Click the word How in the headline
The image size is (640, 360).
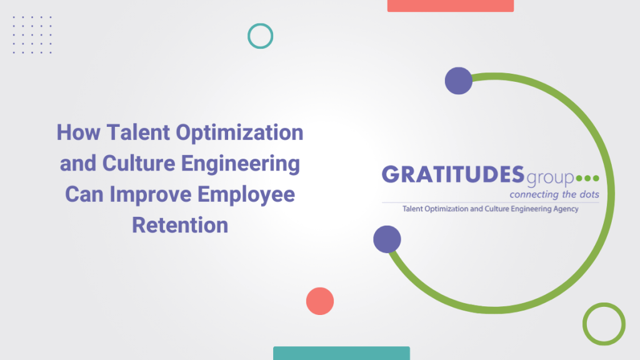click(x=78, y=132)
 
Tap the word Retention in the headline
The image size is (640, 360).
click(x=180, y=225)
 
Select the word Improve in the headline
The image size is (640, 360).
click(x=150, y=195)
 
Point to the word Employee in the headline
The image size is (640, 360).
click(x=246, y=195)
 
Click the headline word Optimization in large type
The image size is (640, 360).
click(x=239, y=133)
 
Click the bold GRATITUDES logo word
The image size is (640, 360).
click(x=453, y=175)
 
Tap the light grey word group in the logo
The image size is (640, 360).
click(x=550, y=178)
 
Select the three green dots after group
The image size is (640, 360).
click(x=587, y=178)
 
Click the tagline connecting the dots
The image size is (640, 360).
click(x=554, y=195)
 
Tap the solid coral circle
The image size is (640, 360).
click(x=320, y=301)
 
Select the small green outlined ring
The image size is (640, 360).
click(x=604, y=304)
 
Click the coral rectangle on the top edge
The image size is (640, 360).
click(x=451, y=6)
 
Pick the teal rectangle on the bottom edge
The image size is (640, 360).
click(x=342, y=354)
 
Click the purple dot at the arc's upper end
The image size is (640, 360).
click(x=459, y=81)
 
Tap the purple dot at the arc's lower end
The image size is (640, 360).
click(x=387, y=239)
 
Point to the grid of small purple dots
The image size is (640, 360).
click(x=32, y=35)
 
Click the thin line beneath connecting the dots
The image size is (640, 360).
click(x=491, y=202)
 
